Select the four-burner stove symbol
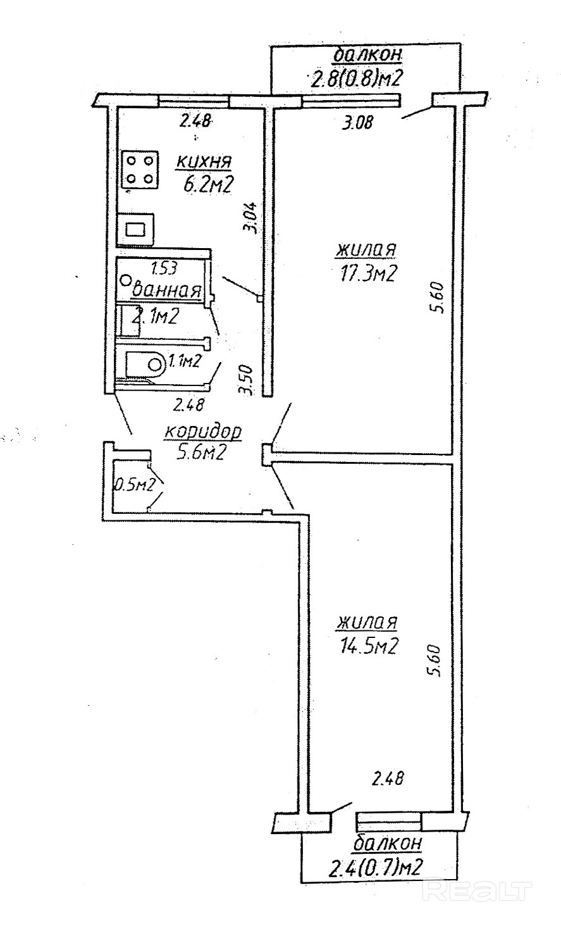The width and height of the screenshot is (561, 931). [x=139, y=169]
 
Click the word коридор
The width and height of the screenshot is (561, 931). [x=203, y=432]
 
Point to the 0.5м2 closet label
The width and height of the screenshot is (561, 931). [x=134, y=485]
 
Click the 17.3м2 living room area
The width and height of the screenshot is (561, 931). [x=366, y=272]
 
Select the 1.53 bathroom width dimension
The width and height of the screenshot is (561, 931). [x=163, y=268]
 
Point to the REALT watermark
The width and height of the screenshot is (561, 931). [x=476, y=891]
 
